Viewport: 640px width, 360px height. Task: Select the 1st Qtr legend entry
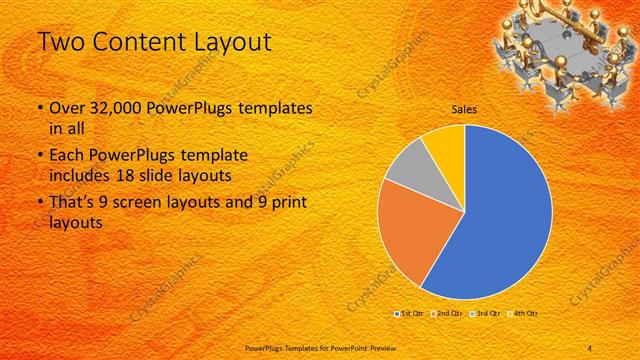pos(408,314)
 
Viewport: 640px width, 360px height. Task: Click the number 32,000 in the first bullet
pos(114,107)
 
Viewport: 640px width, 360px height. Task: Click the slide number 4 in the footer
pos(590,347)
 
